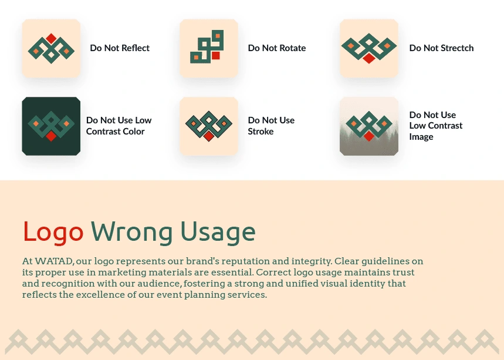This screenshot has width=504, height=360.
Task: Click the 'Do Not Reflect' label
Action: coord(120,48)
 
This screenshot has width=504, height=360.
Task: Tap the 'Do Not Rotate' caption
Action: coord(277,48)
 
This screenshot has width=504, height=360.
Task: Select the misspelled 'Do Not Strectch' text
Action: coord(441,48)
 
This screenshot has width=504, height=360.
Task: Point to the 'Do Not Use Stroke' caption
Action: coord(271,126)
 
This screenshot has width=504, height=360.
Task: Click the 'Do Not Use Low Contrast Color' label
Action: coord(119,126)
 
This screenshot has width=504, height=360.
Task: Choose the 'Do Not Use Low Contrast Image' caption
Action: coord(435,126)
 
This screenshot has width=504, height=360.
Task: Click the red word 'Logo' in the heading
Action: coord(53,232)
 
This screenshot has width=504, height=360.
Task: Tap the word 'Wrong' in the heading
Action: coord(132,232)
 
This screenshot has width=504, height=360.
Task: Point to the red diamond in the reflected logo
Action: coord(51,38)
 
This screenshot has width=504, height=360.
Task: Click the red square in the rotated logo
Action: coord(216,56)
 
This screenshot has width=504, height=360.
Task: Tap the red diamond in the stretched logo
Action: coord(369,58)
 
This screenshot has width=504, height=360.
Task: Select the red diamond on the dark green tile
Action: coord(51,136)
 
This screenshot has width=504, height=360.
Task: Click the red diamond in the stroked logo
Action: coord(209,136)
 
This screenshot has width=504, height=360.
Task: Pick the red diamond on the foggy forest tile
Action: coord(369,136)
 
